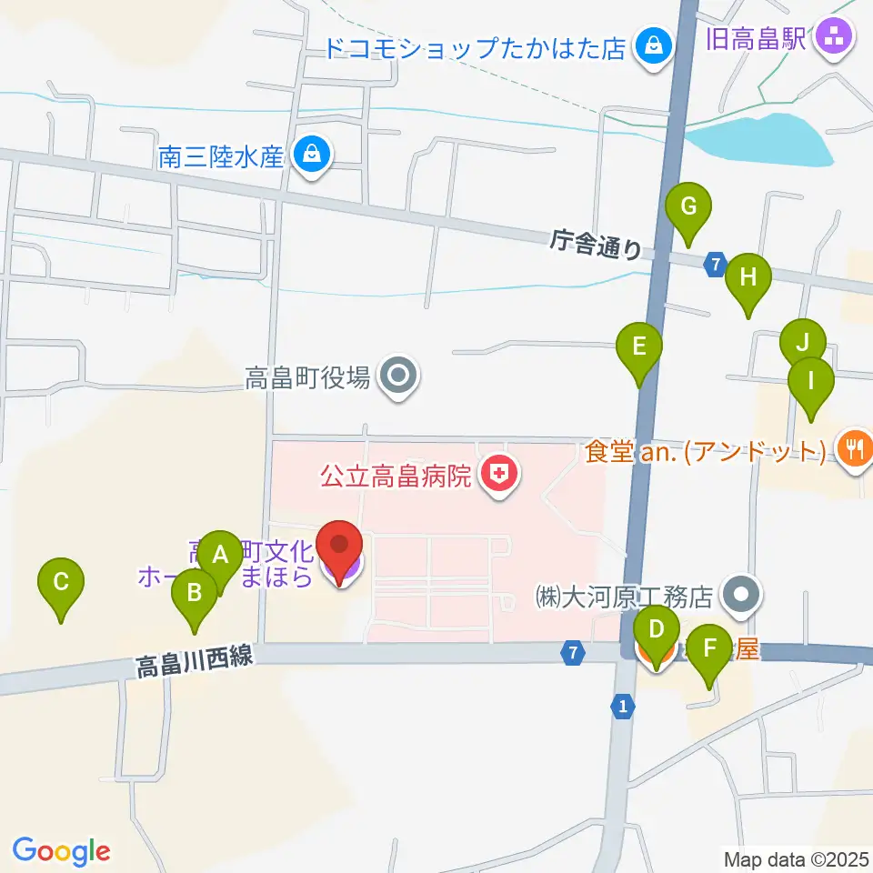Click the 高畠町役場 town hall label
307,377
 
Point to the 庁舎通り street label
596,246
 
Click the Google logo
62,851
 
